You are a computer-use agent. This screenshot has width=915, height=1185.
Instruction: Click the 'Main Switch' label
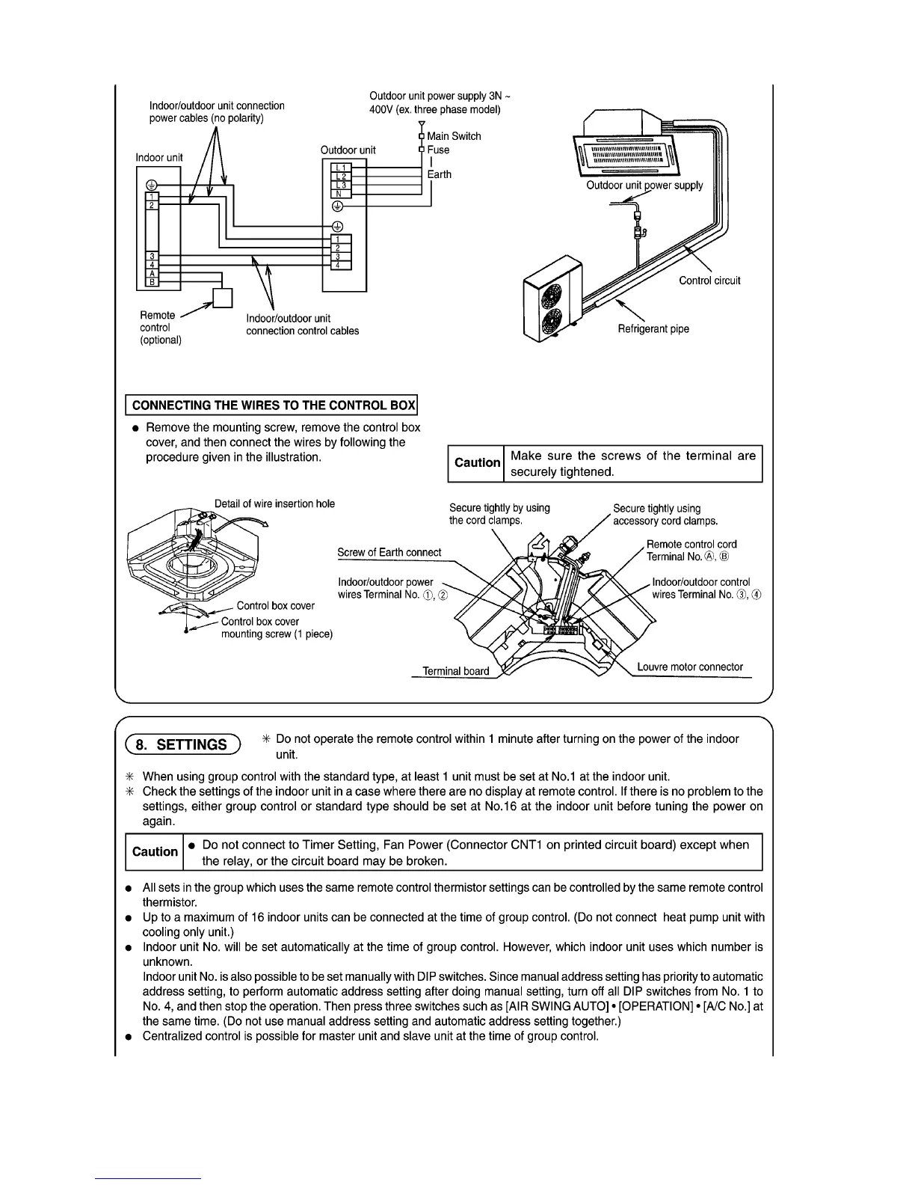point(454,136)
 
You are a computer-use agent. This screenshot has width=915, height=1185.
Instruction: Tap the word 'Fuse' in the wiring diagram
point(438,150)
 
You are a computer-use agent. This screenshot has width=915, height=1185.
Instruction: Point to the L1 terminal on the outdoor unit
point(339,167)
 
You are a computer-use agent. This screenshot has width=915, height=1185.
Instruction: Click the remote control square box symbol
point(223,298)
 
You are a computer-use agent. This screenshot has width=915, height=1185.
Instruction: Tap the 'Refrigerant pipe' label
point(653,328)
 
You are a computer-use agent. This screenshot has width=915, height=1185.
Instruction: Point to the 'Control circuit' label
point(709,281)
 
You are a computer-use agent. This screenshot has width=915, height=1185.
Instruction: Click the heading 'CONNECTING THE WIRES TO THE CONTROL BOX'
point(273,405)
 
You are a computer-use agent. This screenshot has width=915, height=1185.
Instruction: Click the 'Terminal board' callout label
point(456,671)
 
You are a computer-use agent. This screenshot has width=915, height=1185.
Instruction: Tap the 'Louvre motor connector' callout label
point(690,667)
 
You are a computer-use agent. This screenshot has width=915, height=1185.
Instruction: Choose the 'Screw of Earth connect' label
point(389,552)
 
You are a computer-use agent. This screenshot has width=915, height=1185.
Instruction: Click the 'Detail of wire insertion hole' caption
point(274,503)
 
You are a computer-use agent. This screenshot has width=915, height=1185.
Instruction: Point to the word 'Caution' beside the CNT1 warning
point(155,851)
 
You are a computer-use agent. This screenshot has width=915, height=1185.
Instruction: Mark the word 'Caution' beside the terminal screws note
point(477,462)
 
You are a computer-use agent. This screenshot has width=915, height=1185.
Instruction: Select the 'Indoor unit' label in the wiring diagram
point(159,157)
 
